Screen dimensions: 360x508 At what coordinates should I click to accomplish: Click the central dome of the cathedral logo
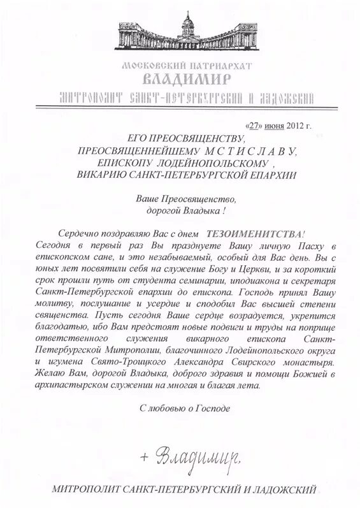188,24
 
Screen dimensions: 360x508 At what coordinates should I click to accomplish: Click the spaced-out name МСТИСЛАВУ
250,150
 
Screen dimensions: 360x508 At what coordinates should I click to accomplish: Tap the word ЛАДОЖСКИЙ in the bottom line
289,491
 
